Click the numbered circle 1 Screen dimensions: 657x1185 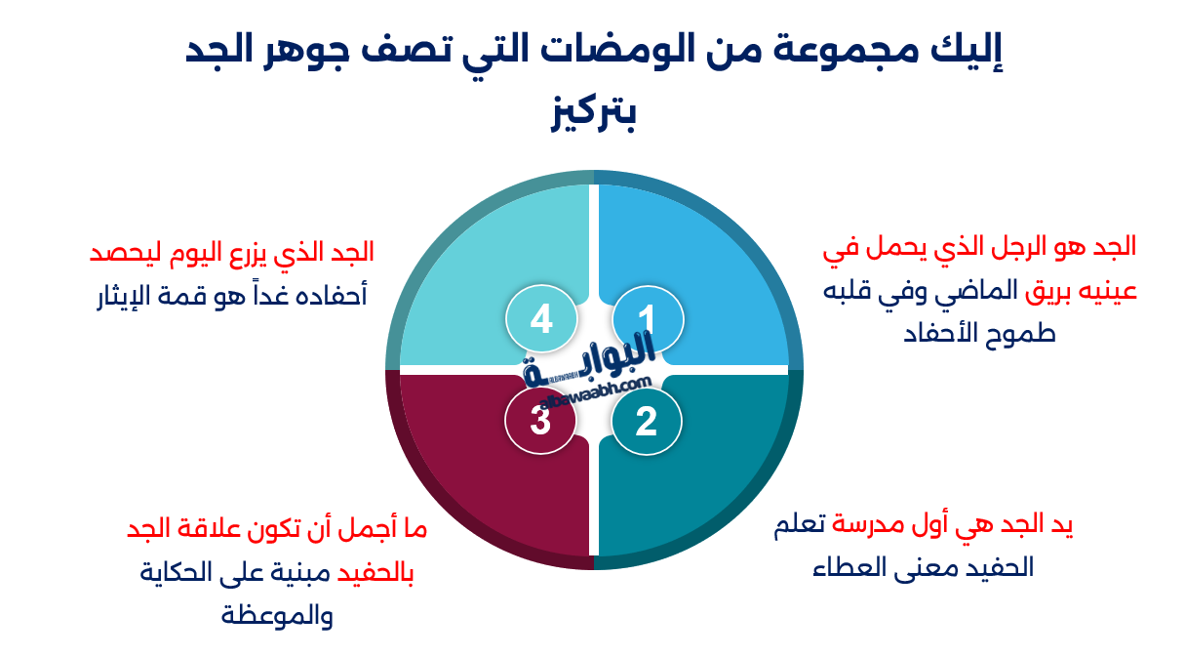(x=647, y=318)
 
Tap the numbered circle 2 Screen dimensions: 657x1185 (x=647, y=421)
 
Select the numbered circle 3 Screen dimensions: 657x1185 (x=540, y=421)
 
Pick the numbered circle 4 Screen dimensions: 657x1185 (x=540, y=318)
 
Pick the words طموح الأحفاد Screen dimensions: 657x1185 (x=978, y=333)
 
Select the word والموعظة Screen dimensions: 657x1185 (x=278, y=617)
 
